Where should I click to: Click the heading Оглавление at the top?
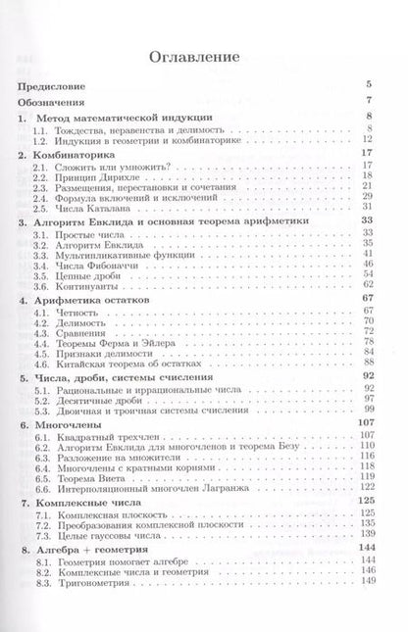point(205,57)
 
